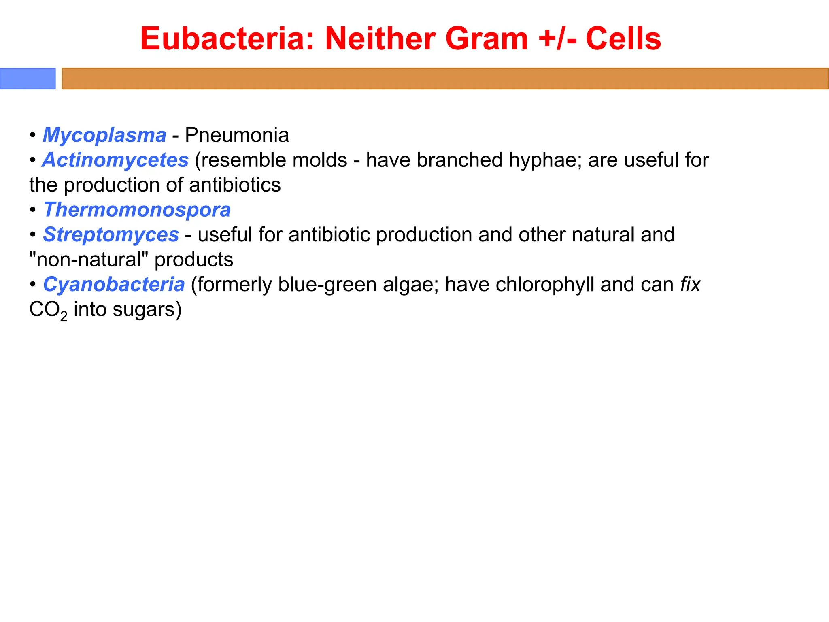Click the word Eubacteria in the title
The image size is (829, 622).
[x=227, y=39]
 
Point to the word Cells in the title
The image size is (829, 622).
[x=623, y=39]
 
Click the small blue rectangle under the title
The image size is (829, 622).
[x=28, y=79]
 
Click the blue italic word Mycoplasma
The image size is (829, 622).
[x=104, y=135]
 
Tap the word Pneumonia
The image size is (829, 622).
[x=237, y=135]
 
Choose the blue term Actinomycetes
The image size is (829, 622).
[x=115, y=160]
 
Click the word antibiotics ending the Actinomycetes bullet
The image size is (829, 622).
[x=235, y=185]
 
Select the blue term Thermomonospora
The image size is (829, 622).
[x=137, y=210]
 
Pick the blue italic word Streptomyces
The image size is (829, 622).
[x=111, y=235]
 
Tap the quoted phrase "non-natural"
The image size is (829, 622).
[x=89, y=260]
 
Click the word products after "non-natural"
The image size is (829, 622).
[x=194, y=260]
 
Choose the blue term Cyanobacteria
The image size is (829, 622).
[x=114, y=284]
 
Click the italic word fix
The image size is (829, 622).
[x=690, y=284]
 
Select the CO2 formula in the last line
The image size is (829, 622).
[x=48, y=310]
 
